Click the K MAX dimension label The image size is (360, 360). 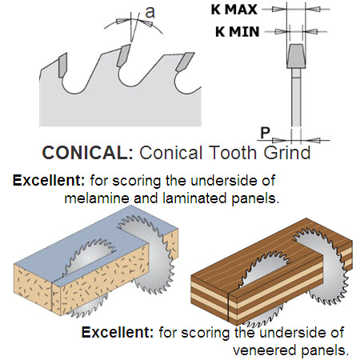pos(234,10)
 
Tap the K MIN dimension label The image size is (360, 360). pos(238,32)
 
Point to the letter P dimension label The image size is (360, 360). pos(265,133)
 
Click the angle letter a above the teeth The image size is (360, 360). pos(150,13)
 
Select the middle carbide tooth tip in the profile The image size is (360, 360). pos(123,55)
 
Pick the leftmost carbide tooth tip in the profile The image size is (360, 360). pos(63,65)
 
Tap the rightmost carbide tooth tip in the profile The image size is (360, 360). pos(185,62)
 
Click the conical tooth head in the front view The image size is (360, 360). pos(296,56)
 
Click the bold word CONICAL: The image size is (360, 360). pos(87,153)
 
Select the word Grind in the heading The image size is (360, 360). pos(287,153)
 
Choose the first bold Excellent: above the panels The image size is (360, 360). pos(49,181)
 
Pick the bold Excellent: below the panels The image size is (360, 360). pos(118,332)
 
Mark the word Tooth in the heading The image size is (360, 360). pos(234,153)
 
